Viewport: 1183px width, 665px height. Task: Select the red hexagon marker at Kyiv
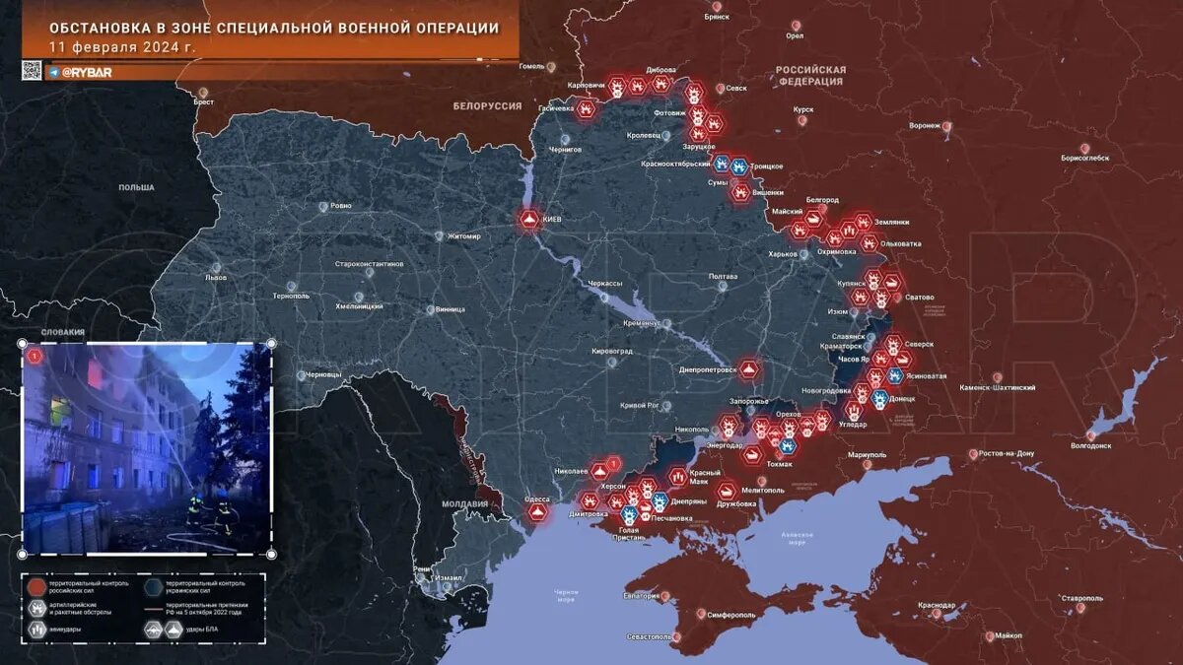529,219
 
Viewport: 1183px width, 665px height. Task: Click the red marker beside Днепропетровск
750,369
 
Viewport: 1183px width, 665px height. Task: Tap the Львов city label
215,278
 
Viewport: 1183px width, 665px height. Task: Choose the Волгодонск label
1089,445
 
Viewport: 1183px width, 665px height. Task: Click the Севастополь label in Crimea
649,636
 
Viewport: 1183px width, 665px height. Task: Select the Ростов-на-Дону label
1007,453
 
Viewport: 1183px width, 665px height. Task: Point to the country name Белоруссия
487,105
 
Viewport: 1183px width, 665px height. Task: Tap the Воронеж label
924,126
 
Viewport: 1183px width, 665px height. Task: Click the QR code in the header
32,70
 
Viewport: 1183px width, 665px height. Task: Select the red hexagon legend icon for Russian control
36,586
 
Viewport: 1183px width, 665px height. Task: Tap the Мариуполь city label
867,454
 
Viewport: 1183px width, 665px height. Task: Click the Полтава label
723,276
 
